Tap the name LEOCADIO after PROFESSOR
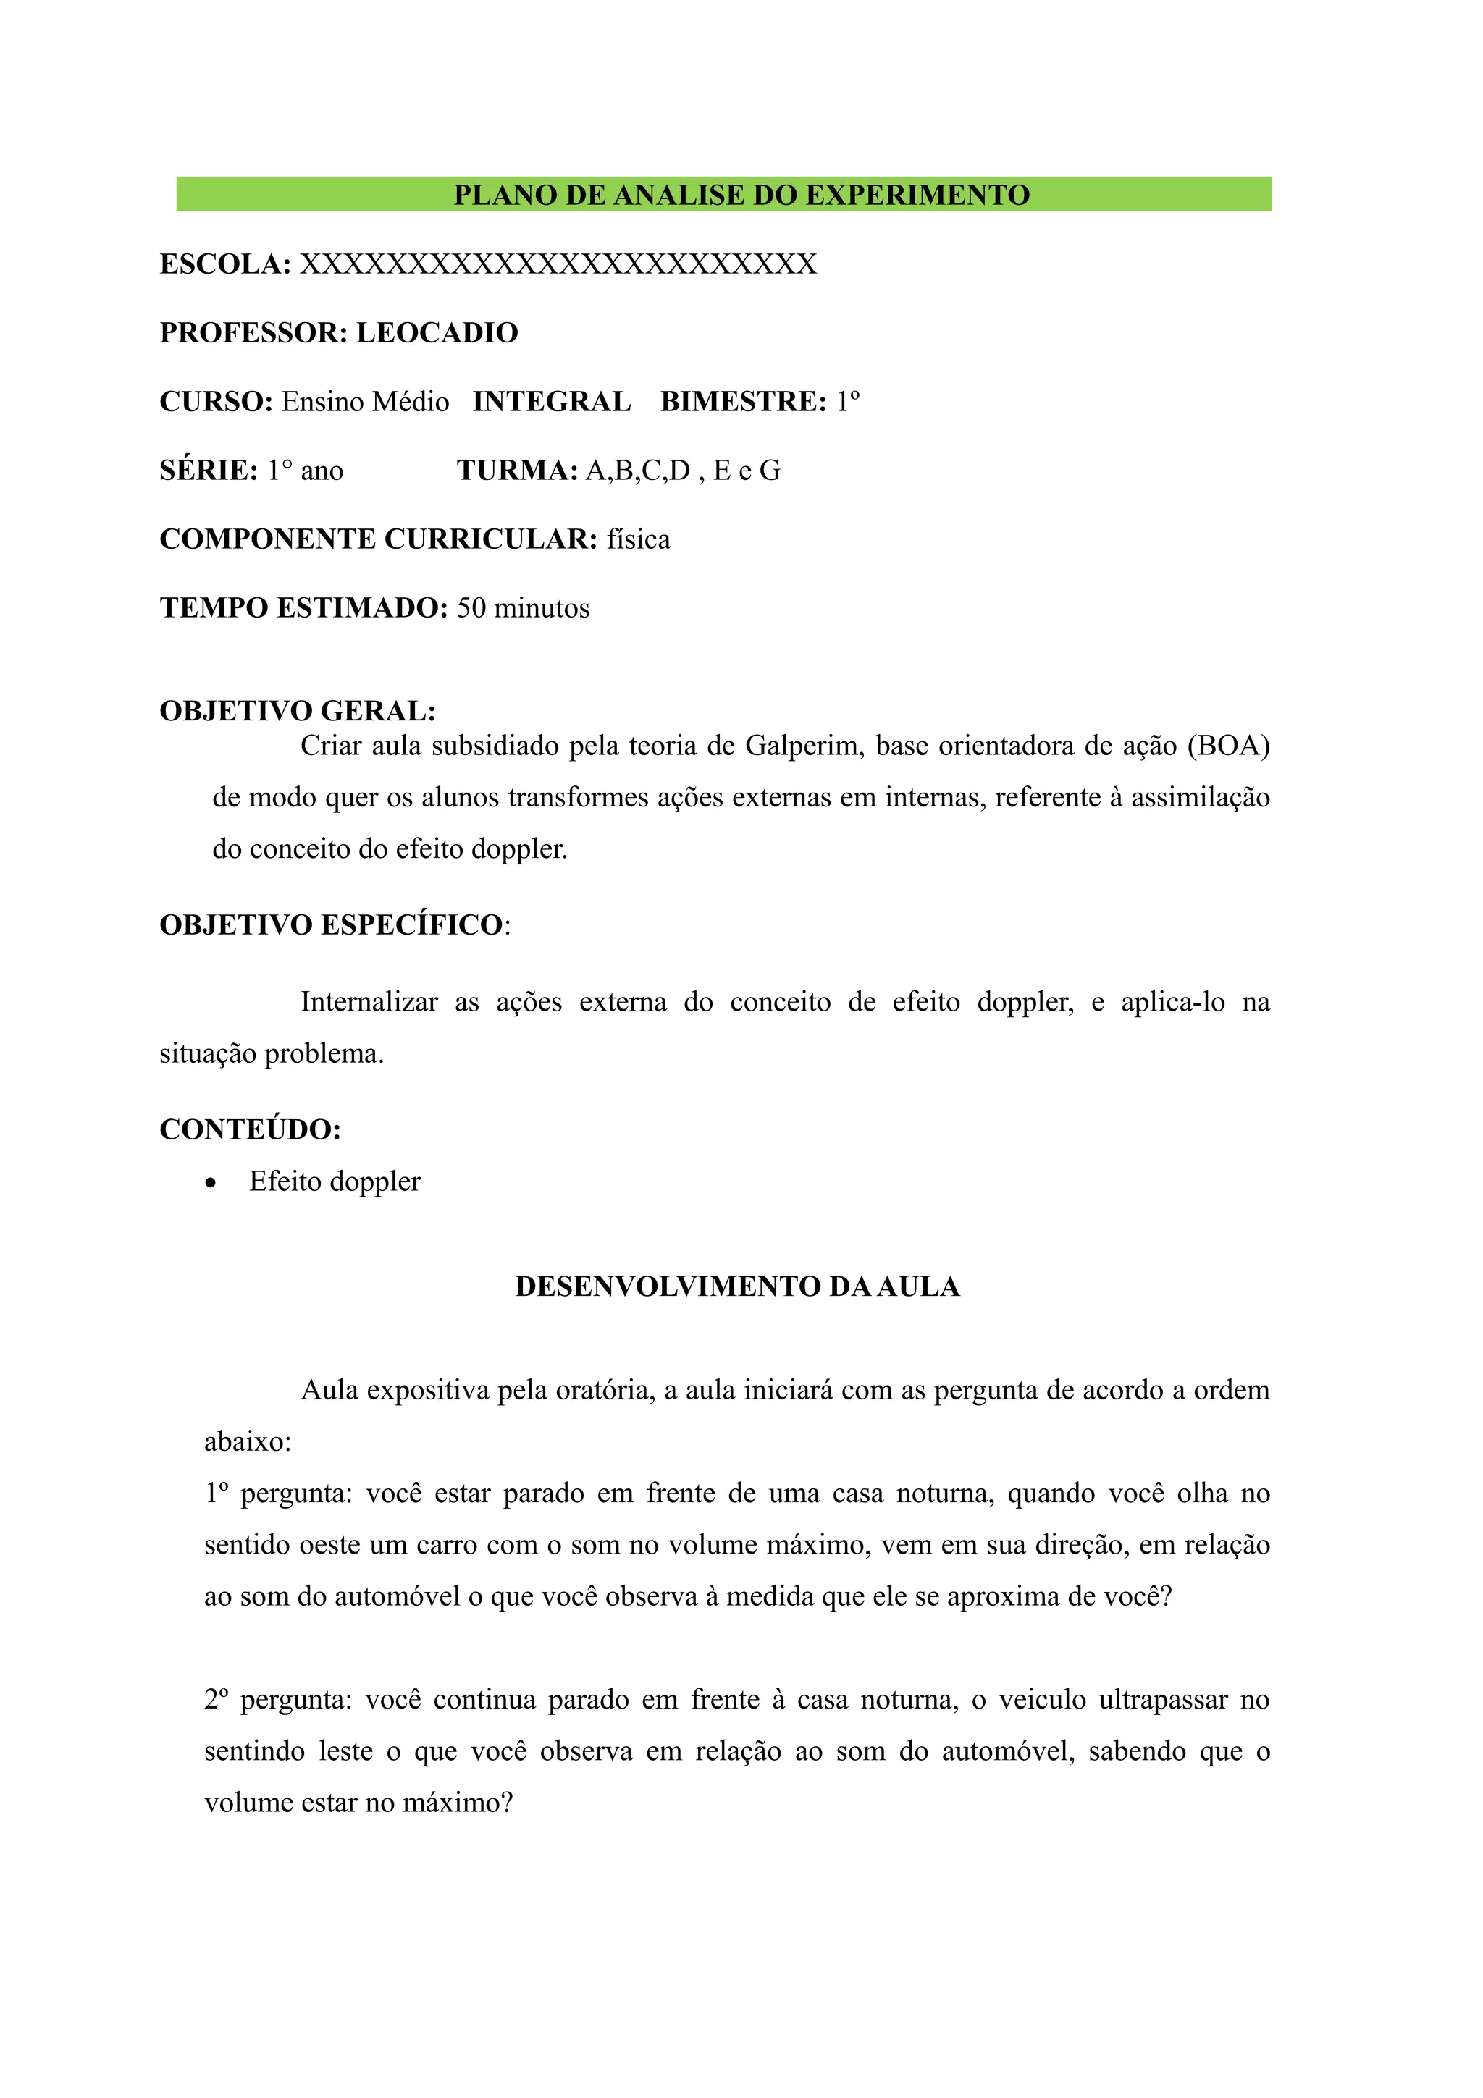(x=437, y=332)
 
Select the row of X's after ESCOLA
(x=558, y=264)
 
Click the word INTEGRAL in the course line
(x=551, y=402)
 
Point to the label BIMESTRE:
(x=743, y=402)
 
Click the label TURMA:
(x=517, y=471)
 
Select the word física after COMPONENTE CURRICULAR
(x=638, y=539)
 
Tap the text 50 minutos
(x=523, y=609)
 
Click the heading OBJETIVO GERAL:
(x=298, y=711)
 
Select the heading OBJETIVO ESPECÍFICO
(x=331, y=924)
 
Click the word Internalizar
(x=369, y=1003)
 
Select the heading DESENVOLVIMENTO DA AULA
(x=736, y=1286)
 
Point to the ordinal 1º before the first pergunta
(x=217, y=1494)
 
